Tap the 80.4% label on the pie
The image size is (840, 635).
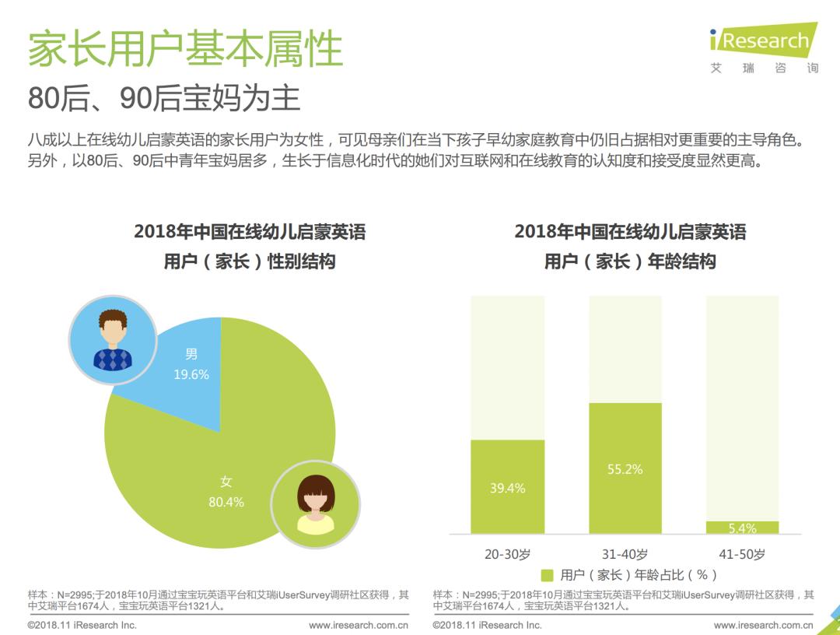pos(226,502)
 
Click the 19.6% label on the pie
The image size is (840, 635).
pos(191,374)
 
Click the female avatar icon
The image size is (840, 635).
pos(315,503)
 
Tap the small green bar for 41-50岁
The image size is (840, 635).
pos(742,527)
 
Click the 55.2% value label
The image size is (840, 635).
pos(625,469)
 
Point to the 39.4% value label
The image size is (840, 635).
pos(507,488)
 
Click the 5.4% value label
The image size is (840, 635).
pos(742,528)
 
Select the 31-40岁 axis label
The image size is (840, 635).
pos(625,554)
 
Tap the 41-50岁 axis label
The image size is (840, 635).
pos(742,554)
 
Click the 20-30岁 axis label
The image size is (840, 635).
pos(507,554)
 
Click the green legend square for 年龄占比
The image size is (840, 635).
pos(547,575)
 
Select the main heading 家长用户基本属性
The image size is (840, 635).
pos(185,49)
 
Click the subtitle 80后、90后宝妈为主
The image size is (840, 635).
pos(164,98)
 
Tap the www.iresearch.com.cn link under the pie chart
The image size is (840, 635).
pos(359,625)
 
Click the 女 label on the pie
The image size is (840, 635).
pos(226,482)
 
